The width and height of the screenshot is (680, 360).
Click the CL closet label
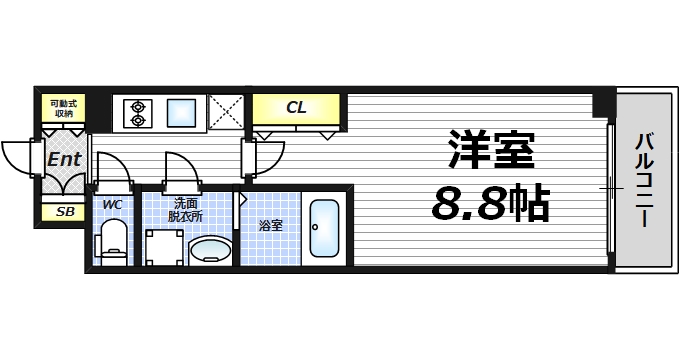coord(296,107)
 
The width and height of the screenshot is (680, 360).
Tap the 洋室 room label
coord(490,150)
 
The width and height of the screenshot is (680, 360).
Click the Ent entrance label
coord(64,158)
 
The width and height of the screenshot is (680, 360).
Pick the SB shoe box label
coord(64,212)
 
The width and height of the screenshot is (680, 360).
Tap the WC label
coord(112,206)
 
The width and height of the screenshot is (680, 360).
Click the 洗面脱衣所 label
coord(186,210)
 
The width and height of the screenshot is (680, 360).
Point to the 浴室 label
coord(270,225)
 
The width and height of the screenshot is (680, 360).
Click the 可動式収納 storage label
coord(64,108)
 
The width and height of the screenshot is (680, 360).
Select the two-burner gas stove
coord(135,112)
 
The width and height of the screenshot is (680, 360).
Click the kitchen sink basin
coord(182,111)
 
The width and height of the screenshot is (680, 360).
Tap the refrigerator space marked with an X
coord(227,111)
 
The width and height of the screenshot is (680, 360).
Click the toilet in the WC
coord(113,242)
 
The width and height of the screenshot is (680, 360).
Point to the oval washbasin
coord(210,249)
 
